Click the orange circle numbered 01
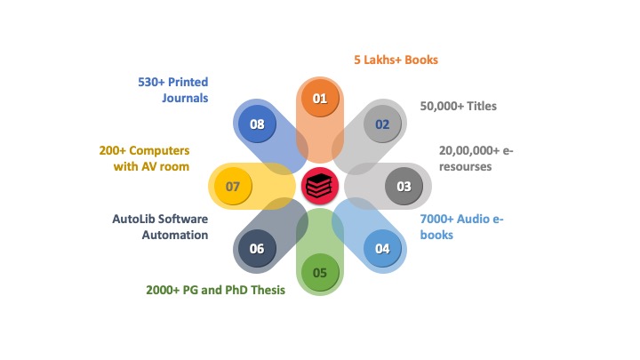coord(320,99)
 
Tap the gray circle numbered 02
coord(382,124)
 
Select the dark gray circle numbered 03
coord(404,186)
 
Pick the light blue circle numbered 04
coord(382,249)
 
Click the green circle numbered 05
coord(320,273)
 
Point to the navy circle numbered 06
coord(257,249)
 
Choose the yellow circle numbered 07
coord(233,186)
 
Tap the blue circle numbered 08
coord(257,124)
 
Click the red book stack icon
coord(320,186)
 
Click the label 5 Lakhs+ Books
coord(396,60)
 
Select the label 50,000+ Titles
coord(459,106)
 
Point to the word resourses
coord(465,166)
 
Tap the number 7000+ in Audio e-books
coord(436,220)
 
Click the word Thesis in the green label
coord(268,290)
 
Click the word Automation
coord(175,235)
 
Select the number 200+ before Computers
coord(113,150)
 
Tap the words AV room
coord(165,166)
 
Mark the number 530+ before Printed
coord(151,82)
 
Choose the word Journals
coord(185,98)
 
